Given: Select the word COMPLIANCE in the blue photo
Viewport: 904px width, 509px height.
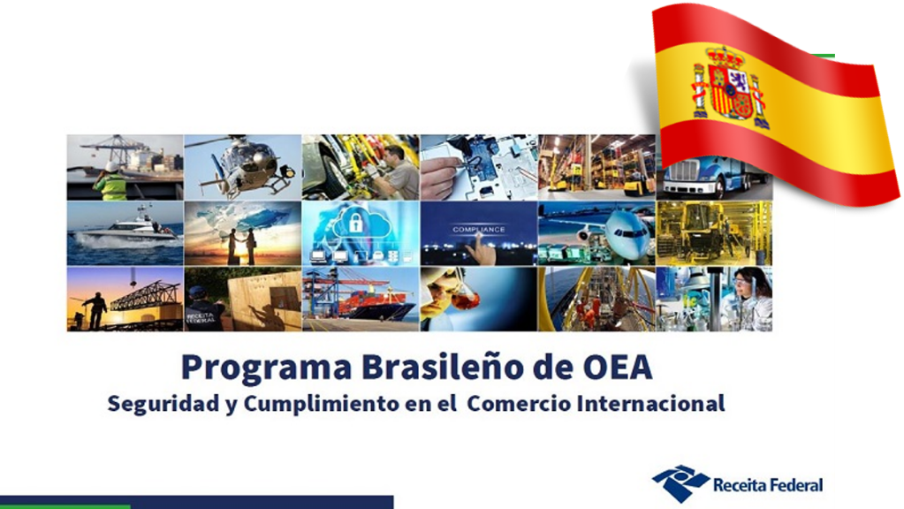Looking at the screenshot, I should [x=479, y=229].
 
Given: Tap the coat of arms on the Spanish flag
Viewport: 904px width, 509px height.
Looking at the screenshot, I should [x=729, y=87].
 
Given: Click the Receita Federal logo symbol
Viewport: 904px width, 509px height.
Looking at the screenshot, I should [x=680, y=483].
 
